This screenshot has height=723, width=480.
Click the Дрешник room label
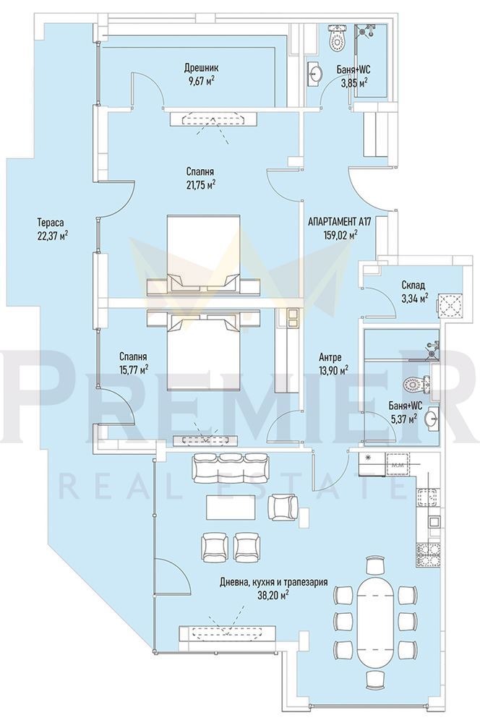pyautogui.click(x=202, y=68)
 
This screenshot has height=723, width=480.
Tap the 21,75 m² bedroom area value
pyautogui.click(x=202, y=184)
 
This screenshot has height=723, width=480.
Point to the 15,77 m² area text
pyautogui.click(x=133, y=369)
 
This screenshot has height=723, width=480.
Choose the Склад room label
pyautogui.click(x=413, y=286)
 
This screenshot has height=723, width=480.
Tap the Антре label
pyautogui.click(x=330, y=357)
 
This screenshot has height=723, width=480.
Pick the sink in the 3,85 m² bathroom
pyautogui.click(x=315, y=73)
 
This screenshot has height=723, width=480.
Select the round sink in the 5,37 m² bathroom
pyautogui.click(x=432, y=419)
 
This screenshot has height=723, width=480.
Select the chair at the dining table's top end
pyautogui.click(x=374, y=564)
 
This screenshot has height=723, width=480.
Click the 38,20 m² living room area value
pyautogui.click(x=273, y=594)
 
